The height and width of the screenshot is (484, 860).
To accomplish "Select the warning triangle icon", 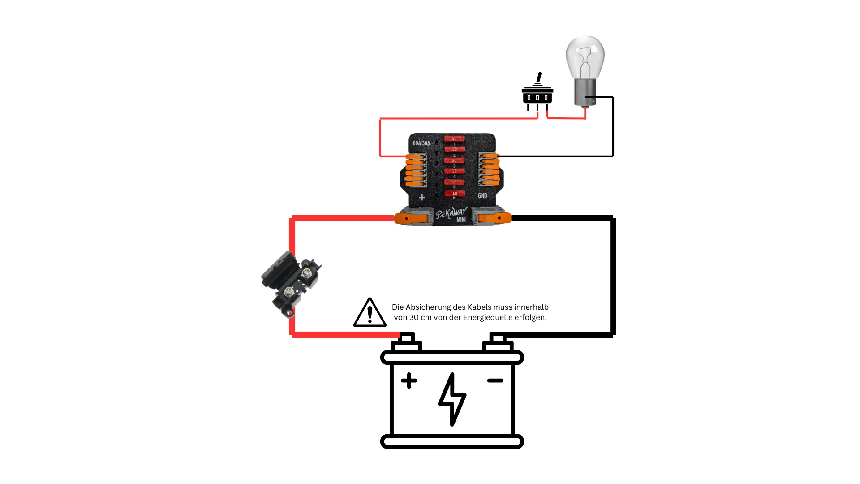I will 370,313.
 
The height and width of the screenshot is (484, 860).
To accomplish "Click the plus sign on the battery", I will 409,380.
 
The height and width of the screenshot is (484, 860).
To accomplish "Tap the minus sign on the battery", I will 495,380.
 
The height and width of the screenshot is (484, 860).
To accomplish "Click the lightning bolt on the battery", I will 452,399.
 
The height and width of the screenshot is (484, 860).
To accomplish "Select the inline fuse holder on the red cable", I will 291,284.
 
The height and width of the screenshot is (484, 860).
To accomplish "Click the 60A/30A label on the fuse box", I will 421,143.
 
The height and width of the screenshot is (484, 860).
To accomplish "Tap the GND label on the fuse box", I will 482,195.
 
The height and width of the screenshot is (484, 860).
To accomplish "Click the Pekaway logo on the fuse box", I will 451,214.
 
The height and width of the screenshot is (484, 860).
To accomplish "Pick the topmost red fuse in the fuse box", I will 454,138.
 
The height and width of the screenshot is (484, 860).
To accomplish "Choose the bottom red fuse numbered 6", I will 454,194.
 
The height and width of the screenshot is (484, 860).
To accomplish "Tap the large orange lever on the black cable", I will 495,219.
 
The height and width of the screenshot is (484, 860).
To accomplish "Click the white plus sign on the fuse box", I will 421,197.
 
